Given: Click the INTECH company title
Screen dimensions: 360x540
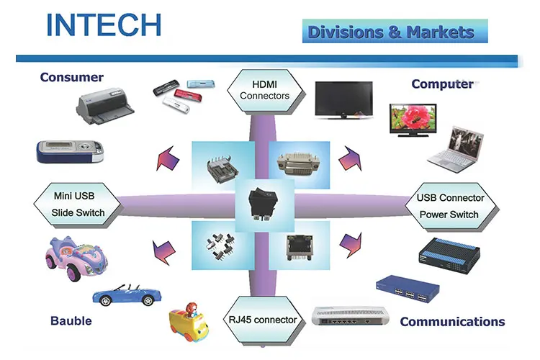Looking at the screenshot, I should [x=103, y=24].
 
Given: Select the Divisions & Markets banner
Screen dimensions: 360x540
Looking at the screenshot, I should [x=391, y=32].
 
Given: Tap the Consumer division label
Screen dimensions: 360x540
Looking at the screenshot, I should [x=72, y=77].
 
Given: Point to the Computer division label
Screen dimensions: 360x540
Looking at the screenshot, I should [x=442, y=84].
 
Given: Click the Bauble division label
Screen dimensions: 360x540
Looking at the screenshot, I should [x=71, y=320].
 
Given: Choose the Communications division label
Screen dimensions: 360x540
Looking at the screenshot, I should [x=452, y=321].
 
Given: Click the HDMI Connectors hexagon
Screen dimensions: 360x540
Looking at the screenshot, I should [x=264, y=89].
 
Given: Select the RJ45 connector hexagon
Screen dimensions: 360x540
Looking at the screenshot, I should [x=264, y=319].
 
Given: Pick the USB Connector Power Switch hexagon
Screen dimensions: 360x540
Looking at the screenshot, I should [x=450, y=205].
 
